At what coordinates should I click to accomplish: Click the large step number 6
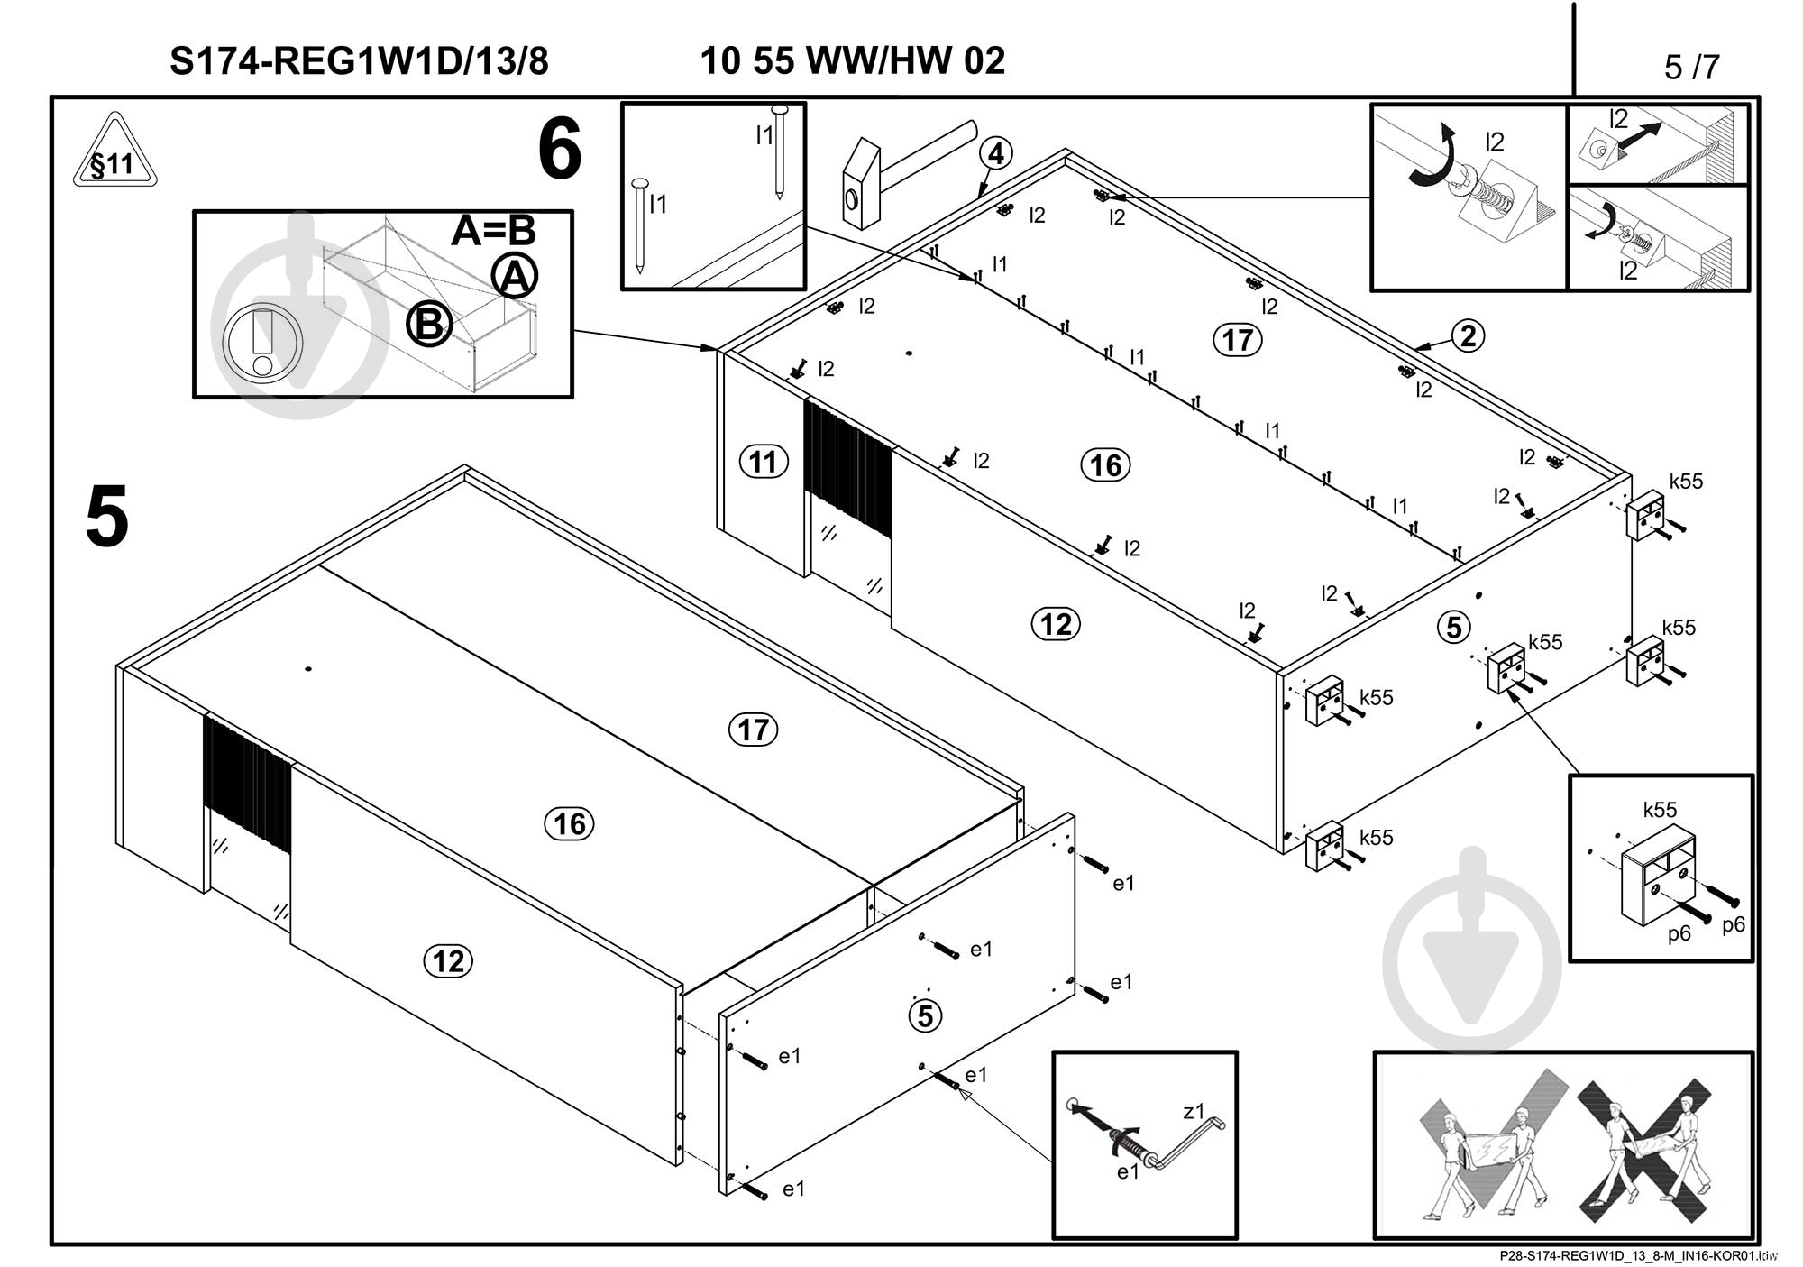click(x=560, y=151)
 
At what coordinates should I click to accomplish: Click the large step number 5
click(x=107, y=517)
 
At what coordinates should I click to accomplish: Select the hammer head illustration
click(x=862, y=184)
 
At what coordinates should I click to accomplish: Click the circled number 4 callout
click(x=995, y=154)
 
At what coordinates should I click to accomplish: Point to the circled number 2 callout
click(x=1468, y=336)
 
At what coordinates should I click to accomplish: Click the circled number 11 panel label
click(x=763, y=463)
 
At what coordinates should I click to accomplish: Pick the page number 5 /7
click(x=1691, y=67)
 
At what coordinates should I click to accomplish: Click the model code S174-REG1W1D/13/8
click(x=359, y=61)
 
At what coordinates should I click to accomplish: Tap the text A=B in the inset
click(x=493, y=231)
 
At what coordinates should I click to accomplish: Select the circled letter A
click(x=515, y=276)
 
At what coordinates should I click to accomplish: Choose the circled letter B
click(x=428, y=325)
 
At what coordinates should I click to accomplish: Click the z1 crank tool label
click(x=1193, y=1112)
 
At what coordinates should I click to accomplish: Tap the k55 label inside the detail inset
click(x=1660, y=809)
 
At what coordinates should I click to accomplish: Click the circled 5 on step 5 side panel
click(x=925, y=1016)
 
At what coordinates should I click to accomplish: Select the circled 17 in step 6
click(x=1237, y=340)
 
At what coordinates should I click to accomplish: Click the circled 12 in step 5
click(x=448, y=961)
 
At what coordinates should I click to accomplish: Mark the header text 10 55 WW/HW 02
click(x=852, y=61)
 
